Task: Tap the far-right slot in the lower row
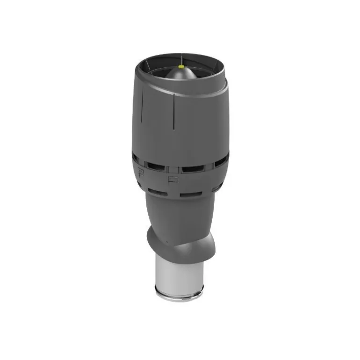coord(216,189)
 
